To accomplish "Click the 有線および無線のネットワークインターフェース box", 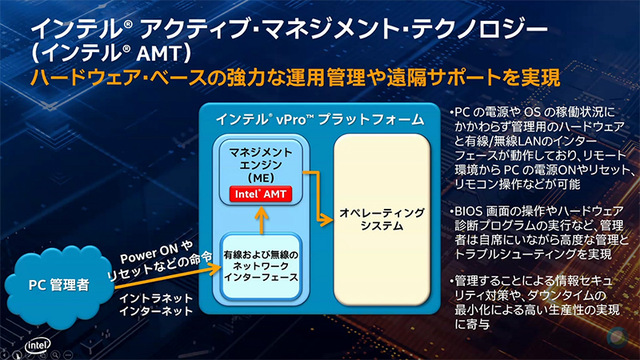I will [260, 266].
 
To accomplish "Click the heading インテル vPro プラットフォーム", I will [319, 119].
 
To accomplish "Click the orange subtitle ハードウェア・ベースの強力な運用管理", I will [200, 78].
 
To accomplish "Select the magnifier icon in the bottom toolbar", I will [55, 351].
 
